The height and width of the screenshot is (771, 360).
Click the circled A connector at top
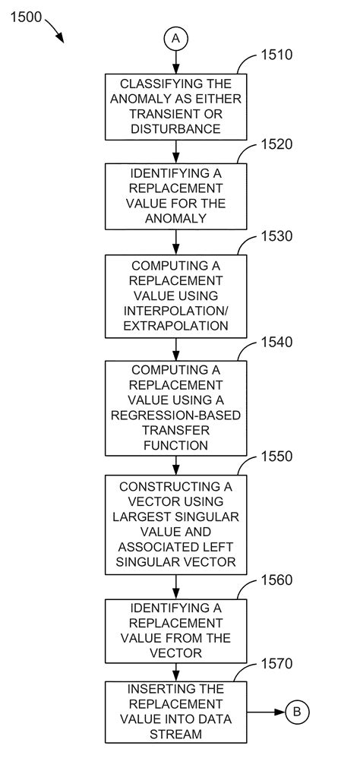(176, 37)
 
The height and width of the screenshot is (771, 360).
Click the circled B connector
(297, 712)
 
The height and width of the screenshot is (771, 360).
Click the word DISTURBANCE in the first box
(176, 129)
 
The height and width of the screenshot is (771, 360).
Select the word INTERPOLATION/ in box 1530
(176, 310)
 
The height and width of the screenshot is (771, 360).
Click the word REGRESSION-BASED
(176, 416)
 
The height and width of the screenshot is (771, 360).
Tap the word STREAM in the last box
(176, 734)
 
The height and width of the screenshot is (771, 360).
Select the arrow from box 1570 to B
(266, 712)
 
